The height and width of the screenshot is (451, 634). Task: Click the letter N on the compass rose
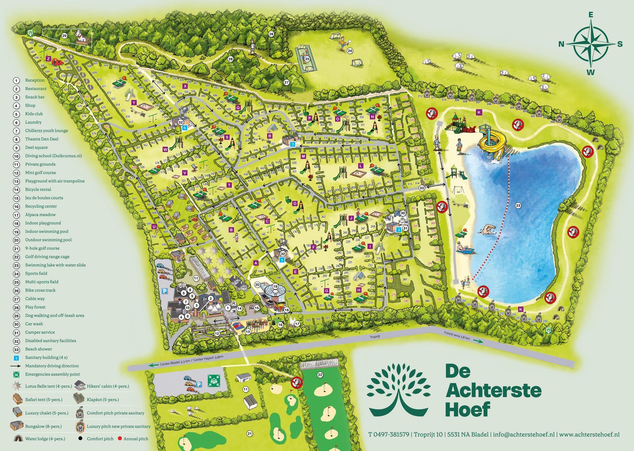pyautogui.click(x=561, y=44)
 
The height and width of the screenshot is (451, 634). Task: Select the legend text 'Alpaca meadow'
pyautogui.click(x=40, y=215)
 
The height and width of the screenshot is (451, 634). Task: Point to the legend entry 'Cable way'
pyautogui.click(x=35, y=299)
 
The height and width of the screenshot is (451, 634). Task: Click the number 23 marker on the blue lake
pyautogui.click(x=518, y=205)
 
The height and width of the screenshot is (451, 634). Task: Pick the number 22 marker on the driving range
pyautogui.click(x=320, y=375)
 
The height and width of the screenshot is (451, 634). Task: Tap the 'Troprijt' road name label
pyautogui.click(x=374, y=337)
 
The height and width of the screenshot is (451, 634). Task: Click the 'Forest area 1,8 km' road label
pyautogui.click(x=457, y=336)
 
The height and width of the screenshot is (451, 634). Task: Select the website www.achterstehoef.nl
pyautogui.click(x=589, y=435)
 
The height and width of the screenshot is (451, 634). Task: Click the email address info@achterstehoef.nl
pyautogui.click(x=523, y=435)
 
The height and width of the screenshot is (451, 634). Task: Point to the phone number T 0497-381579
pyautogui.click(x=388, y=435)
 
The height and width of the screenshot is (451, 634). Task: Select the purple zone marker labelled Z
pyautogui.click(x=48, y=59)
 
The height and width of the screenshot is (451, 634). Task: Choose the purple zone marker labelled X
pyautogui.click(x=185, y=86)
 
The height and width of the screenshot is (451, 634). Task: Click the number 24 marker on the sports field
pyautogui.click(x=350, y=51)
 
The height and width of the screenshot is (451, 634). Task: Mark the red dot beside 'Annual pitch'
pyautogui.click(x=120, y=439)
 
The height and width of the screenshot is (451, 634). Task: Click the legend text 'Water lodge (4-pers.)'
pyautogui.click(x=45, y=439)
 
